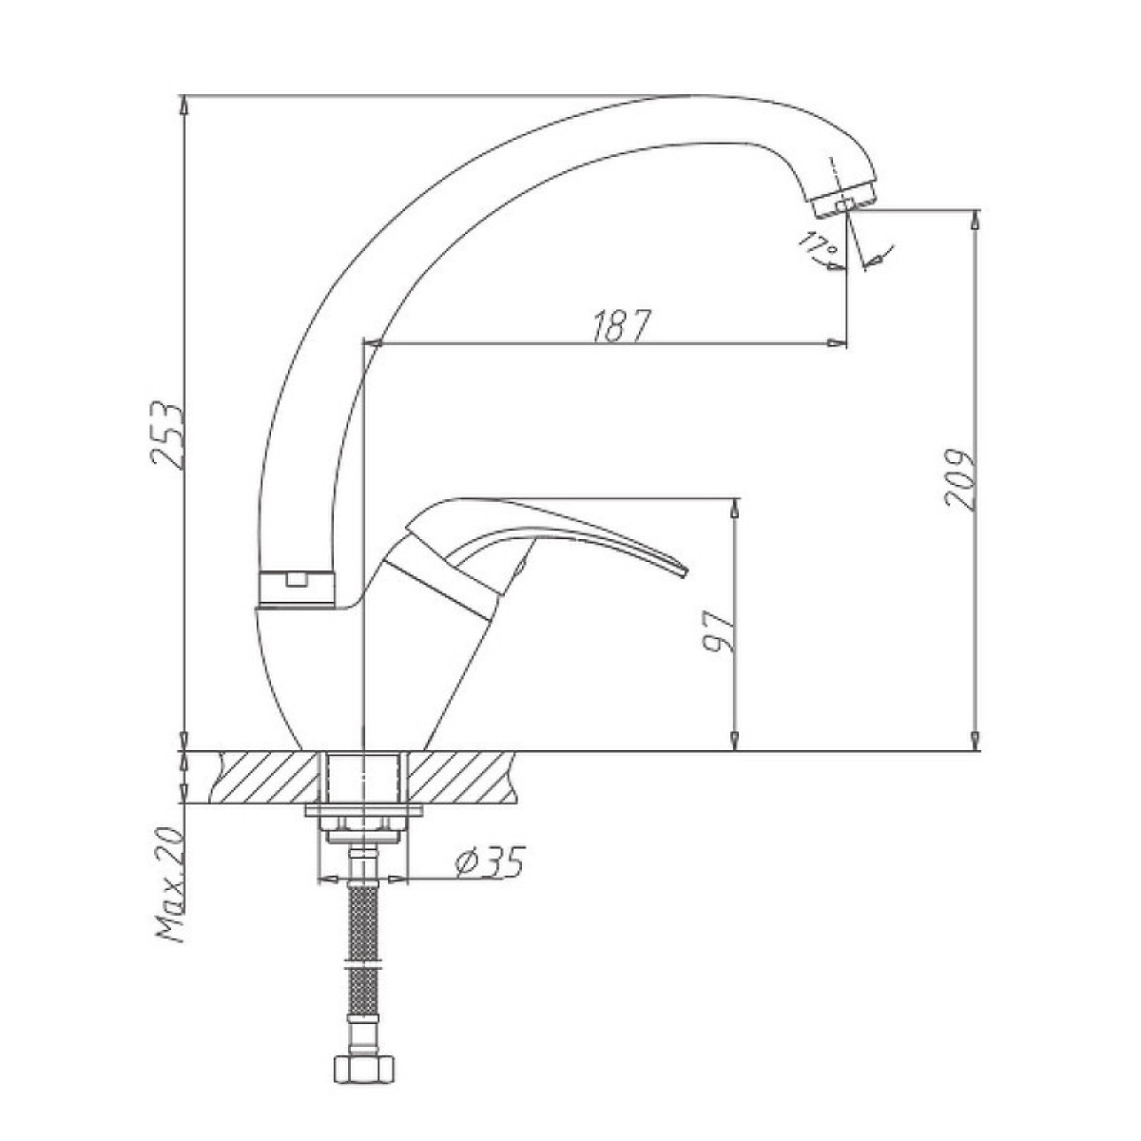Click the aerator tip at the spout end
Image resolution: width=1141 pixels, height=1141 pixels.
pyautogui.click(x=844, y=202)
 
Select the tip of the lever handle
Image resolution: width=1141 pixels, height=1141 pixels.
pyautogui.click(x=686, y=570)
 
